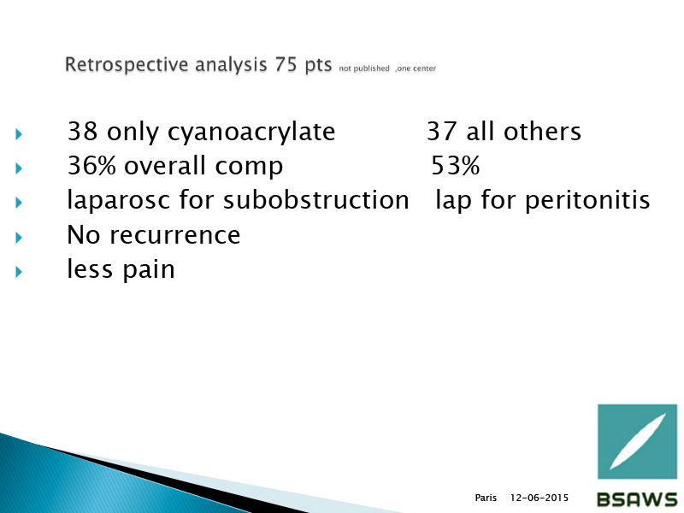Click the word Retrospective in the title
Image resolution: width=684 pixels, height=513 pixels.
tap(127, 65)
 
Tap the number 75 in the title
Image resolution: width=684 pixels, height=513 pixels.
tap(286, 64)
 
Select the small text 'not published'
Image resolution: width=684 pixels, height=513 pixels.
tap(364, 68)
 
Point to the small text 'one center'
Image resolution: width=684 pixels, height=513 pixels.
tap(416, 68)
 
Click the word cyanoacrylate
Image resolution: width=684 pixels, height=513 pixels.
tap(251, 133)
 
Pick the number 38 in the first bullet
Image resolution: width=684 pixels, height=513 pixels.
tap(82, 131)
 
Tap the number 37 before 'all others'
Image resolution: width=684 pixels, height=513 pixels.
tap(441, 131)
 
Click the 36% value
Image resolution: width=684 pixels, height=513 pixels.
tap(91, 166)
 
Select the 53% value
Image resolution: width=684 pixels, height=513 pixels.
tap(456, 166)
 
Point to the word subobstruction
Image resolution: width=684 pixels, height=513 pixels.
tap(316, 200)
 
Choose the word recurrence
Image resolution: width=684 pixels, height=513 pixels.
tap(174, 236)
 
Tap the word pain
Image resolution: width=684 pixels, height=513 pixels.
tap(148, 270)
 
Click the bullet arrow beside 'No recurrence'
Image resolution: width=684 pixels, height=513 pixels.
tap(18, 238)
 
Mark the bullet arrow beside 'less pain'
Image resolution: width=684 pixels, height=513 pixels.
tap(18, 272)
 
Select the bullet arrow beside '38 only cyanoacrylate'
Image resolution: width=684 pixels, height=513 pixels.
tap(18, 134)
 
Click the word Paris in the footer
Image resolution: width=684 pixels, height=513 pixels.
tap(486, 498)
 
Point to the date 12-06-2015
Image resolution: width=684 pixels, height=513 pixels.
tap(540, 498)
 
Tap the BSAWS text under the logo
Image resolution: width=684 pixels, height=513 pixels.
tap(637, 499)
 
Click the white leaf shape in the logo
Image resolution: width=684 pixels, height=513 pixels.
tap(637, 441)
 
